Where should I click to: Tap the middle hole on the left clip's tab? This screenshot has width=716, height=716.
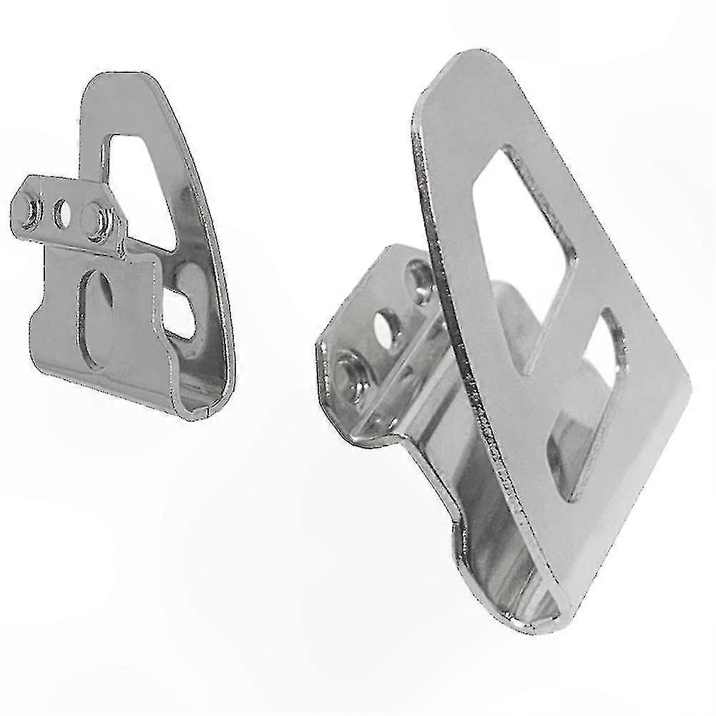62,212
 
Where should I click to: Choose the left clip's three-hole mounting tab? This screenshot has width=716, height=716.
64,212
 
